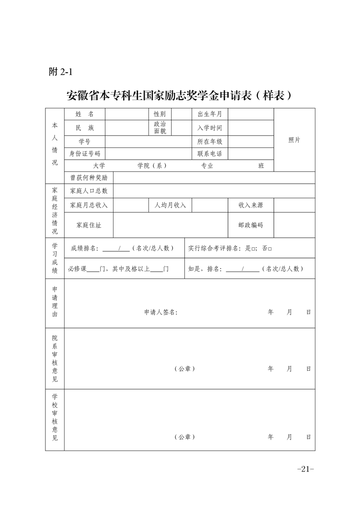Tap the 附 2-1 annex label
[x=61, y=72]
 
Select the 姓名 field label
[x=84, y=114]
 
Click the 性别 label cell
[x=160, y=114]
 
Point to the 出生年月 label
[x=210, y=114]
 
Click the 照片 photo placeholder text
[x=294, y=140]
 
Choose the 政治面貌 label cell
[x=160, y=127]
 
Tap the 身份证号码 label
[x=84, y=154]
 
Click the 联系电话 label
[x=210, y=154]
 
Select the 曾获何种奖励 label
[x=89, y=178]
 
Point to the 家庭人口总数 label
[x=89, y=191]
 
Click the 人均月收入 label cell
[x=170, y=205]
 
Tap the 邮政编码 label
[x=251, y=225]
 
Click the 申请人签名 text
[x=161, y=312]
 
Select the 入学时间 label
[x=210, y=128]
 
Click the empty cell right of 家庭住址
[x=170, y=225]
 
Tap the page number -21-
[x=305, y=469]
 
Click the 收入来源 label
[x=251, y=205]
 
